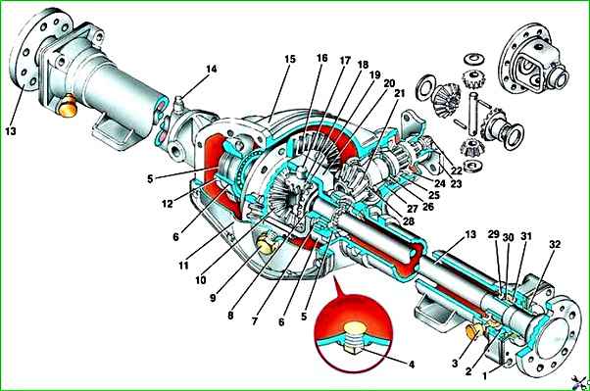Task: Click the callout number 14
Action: [211, 70]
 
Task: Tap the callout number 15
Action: [290, 60]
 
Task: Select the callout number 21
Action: [399, 93]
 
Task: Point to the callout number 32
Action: [555, 245]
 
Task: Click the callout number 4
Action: [412, 365]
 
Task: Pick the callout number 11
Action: [183, 266]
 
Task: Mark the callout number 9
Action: [213, 298]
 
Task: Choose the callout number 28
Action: [409, 220]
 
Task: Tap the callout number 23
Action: [456, 184]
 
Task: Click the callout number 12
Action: [168, 204]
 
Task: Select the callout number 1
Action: [484, 375]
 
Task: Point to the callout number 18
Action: [363, 65]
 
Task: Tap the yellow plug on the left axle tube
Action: [67, 106]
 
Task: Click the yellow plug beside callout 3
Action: [474, 330]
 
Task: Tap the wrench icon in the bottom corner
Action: [580, 383]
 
